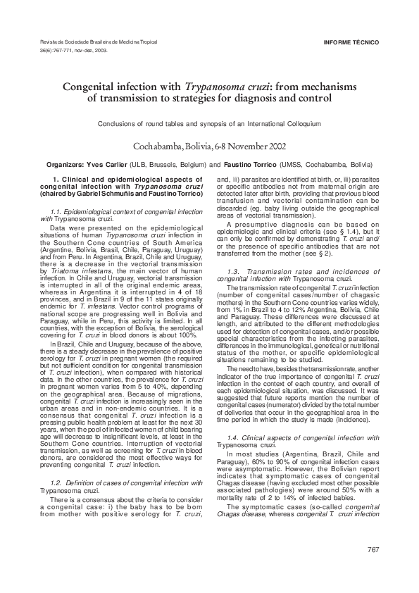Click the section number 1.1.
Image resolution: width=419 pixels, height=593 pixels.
(58, 211)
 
